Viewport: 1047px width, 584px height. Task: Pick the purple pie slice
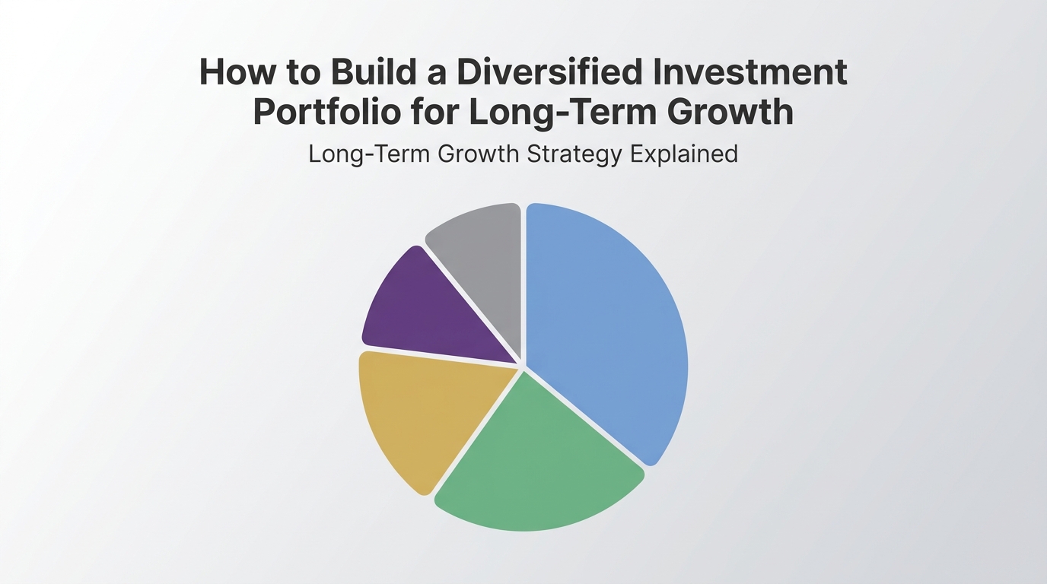point(426,312)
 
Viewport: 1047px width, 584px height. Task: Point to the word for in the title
point(434,112)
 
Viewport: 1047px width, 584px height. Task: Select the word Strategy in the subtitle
point(574,154)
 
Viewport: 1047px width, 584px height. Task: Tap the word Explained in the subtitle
point(684,154)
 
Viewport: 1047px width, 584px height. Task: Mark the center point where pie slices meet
point(523,365)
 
